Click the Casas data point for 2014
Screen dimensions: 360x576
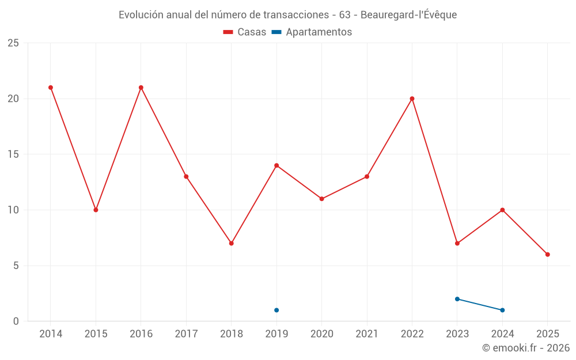click(x=51, y=88)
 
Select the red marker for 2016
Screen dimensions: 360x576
click(x=141, y=88)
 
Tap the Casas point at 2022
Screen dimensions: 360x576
click(x=412, y=98)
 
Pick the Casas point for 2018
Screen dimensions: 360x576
click(x=231, y=243)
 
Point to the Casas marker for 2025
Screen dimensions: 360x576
click(x=547, y=254)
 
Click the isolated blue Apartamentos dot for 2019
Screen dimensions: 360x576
click(x=276, y=310)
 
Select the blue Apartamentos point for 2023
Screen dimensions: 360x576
click(x=457, y=299)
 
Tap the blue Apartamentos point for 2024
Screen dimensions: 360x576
click(x=502, y=310)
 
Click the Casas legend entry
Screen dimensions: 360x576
click(x=245, y=32)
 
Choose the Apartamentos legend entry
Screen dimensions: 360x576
click(x=312, y=32)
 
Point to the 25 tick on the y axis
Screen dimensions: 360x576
click(x=13, y=43)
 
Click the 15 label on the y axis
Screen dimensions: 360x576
click(x=13, y=154)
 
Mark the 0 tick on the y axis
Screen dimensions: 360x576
click(x=16, y=321)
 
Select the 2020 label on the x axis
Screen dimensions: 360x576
click(x=321, y=334)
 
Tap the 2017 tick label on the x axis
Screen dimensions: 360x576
click(x=186, y=334)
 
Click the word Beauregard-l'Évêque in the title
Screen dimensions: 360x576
click(x=408, y=15)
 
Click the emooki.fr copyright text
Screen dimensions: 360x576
click(x=526, y=348)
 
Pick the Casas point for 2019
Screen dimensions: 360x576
click(x=276, y=165)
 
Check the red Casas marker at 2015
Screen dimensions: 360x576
click(x=96, y=210)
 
